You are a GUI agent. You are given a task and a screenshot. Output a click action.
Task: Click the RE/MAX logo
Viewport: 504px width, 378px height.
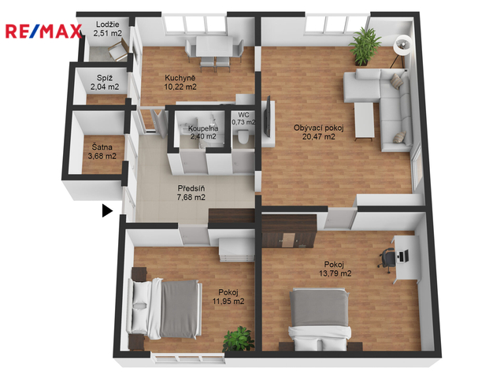(43, 31)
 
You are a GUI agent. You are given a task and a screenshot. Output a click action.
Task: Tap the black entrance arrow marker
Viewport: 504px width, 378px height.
(107, 210)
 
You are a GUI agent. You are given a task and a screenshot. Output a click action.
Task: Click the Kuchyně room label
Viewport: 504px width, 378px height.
(180, 78)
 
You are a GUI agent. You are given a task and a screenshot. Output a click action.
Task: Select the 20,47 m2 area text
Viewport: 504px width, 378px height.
(318, 136)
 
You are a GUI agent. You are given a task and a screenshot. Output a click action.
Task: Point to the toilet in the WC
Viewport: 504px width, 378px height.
(243, 136)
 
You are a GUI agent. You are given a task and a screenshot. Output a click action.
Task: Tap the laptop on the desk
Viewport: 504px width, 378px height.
(404, 256)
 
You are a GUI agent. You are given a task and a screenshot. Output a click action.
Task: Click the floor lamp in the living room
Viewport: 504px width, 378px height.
(401, 50)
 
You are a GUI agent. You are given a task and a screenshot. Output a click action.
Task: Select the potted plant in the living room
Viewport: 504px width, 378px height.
(365, 46)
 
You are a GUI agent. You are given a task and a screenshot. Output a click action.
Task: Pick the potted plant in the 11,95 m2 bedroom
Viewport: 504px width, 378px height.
(239, 339)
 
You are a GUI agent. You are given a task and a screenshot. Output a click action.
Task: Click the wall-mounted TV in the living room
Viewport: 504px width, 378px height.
(267, 117)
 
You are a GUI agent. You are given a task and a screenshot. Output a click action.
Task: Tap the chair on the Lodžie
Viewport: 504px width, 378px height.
(118, 50)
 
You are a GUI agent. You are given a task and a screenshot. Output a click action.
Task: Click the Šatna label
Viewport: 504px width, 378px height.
(102, 147)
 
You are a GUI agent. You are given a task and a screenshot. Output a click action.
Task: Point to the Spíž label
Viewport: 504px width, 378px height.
(105, 78)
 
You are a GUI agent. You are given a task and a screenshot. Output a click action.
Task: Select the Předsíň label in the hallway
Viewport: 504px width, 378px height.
(191, 188)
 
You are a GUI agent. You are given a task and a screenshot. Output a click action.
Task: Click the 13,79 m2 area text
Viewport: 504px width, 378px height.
(335, 273)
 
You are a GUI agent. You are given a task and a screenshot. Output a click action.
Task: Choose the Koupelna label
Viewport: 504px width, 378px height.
(203, 128)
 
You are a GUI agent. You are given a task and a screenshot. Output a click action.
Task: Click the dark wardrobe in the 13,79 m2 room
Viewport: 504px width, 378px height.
(288, 232)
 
